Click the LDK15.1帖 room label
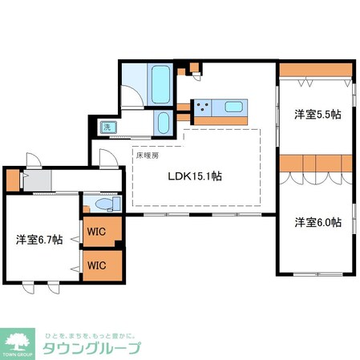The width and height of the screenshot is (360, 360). [194, 177]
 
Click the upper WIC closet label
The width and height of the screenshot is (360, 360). [97, 233]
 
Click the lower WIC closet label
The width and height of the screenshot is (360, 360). [97, 265]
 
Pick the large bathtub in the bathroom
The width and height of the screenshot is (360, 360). [159, 82]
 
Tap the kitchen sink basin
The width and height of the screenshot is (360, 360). [234, 107]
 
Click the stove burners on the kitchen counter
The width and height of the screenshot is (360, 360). [201, 107]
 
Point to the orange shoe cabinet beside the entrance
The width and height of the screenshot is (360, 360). [10, 180]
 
